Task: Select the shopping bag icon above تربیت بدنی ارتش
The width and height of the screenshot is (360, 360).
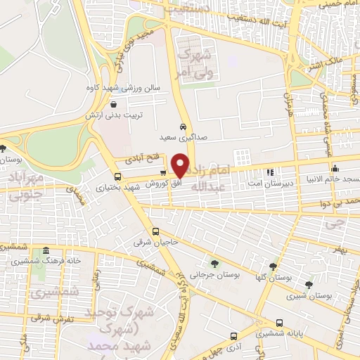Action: click(x=113, y=104)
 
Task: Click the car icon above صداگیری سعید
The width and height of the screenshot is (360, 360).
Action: click(x=183, y=127)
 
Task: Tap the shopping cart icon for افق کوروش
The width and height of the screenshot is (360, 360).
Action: click(x=163, y=173)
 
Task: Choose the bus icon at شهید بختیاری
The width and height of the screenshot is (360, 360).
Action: click(x=117, y=177)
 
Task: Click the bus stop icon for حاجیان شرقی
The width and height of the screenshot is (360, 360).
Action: click(x=155, y=231)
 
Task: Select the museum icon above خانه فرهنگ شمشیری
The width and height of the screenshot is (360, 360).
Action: click(x=46, y=251)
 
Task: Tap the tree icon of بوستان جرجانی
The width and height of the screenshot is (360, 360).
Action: click(x=214, y=264)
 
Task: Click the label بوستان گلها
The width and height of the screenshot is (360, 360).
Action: click(x=274, y=278)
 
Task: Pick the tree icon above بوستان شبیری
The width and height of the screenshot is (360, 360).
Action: click(x=309, y=285)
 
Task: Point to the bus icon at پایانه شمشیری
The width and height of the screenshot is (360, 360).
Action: click(x=280, y=323)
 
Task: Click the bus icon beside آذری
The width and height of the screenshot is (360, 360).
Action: click(x=233, y=337)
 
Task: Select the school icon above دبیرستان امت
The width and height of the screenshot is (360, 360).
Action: click(x=269, y=171)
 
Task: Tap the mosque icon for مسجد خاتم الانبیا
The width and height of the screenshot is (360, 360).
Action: click(x=335, y=169)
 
